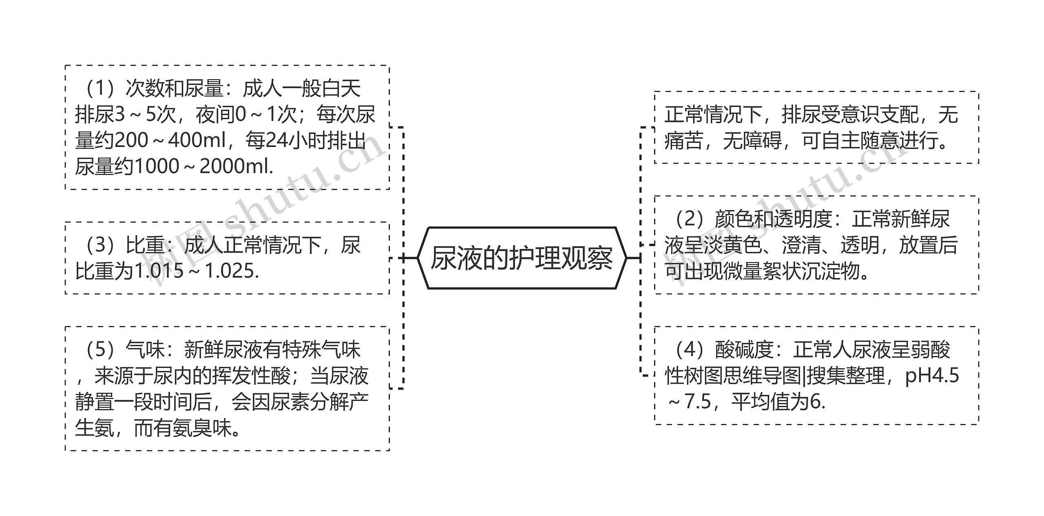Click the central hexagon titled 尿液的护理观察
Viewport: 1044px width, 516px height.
coord(522,258)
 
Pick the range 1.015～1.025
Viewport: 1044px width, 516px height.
coord(197,271)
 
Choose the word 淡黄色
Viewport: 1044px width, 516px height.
coord(732,245)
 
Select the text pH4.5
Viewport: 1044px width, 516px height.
coord(931,376)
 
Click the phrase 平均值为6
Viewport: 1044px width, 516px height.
coord(777,402)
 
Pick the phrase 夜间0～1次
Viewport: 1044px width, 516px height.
coord(246,115)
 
